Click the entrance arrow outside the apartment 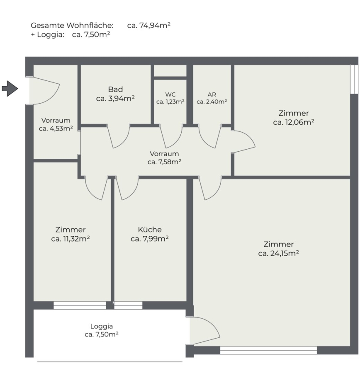click(x=10, y=89)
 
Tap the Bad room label click(x=115, y=89)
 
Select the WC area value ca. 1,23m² click(x=170, y=102)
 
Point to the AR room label click(x=212, y=94)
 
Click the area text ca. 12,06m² click(x=294, y=122)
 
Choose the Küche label click(x=150, y=230)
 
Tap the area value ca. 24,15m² click(x=279, y=253)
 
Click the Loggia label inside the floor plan click(x=102, y=327)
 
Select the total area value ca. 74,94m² click(x=149, y=25)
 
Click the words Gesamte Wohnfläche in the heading click(x=72, y=25)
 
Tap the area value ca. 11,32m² click(x=70, y=239)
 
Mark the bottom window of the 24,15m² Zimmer click(x=268, y=350)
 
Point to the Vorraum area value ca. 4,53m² click(x=56, y=129)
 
